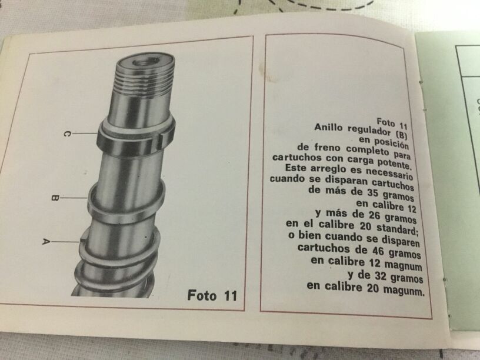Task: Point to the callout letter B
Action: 55,198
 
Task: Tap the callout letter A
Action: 46,242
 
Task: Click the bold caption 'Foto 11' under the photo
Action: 212,295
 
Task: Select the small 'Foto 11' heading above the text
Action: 392,124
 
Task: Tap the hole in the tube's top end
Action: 144,62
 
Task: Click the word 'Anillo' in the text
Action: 328,127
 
